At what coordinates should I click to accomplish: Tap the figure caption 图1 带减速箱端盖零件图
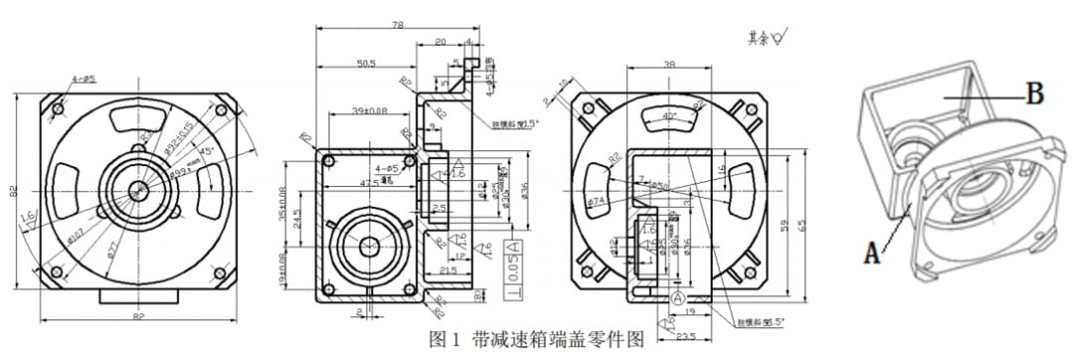click(x=536, y=339)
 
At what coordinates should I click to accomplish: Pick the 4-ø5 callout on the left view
click(x=83, y=79)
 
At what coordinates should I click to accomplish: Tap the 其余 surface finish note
click(x=766, y=38)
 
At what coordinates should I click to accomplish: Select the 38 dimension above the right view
click(x=669, y=64)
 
